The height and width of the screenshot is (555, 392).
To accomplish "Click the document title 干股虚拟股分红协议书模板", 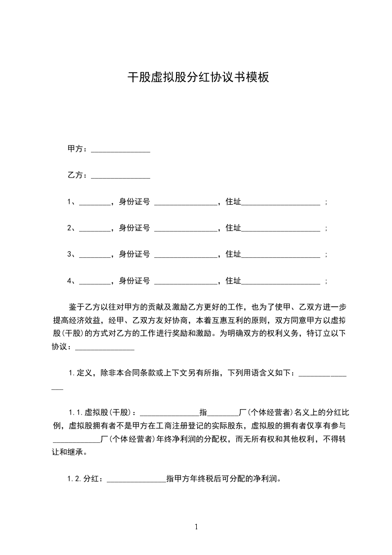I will pyautogui.click(x=198, y=77).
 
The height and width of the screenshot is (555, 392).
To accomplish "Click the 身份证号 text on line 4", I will pyautogui.click(x=134, y=281).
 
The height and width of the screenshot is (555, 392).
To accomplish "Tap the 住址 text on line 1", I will pyautogui.click(x=233, y=202).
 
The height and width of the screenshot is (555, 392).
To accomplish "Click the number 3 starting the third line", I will pyautogui.click(x=70, y=254).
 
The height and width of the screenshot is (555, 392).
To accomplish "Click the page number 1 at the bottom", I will pyautogui.click(x=196, y=527).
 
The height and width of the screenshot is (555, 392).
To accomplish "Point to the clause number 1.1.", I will pyautogui.click(x=76, y=412).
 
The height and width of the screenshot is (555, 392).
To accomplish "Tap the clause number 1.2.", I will pyautogui.click(x=76, y=478).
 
